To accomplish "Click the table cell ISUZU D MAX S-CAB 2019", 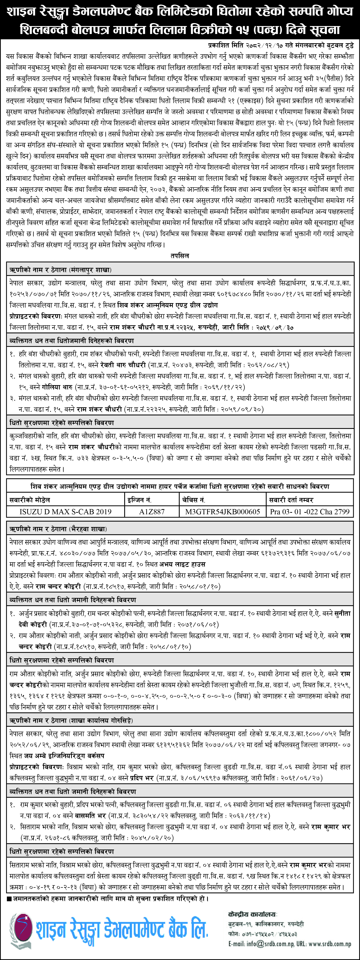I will (66, 512).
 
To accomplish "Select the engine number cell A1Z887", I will (152, 512).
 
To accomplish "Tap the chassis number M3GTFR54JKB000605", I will (223, 512).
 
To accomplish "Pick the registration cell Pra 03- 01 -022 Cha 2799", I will (310, 512).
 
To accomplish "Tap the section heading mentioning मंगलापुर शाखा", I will (60, 270).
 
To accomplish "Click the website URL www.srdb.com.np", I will (330, 944).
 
